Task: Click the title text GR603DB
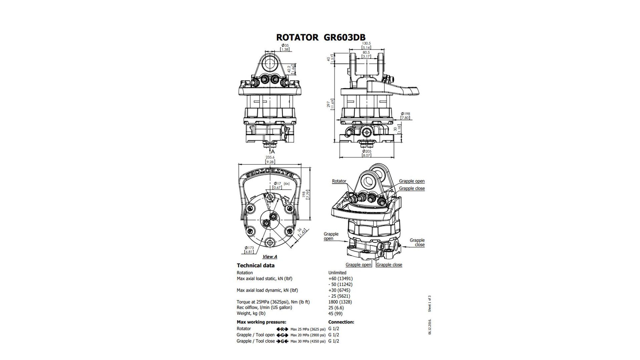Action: pos(344,37)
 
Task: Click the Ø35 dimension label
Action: pos(285,45)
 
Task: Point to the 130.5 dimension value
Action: pos(366,43)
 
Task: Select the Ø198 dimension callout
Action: pos(405,114)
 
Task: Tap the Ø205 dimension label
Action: pos(366,151)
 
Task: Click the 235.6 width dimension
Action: pos(270,157)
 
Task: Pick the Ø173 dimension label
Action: pos(249,248)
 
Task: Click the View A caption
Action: pos(270,257)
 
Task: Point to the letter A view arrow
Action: pos(272,151)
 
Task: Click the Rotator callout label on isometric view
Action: pos(339,181)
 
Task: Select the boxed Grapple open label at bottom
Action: pos(358,265)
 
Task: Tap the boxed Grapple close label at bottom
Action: pos(389,265)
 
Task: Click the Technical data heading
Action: pos(256,265)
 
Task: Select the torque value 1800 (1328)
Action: pos(340,302)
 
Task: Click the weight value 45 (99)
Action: pos(335,313)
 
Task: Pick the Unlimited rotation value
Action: pos(337,273)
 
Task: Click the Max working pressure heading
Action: pos(261,322)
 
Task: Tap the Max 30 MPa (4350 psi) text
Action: pos(308,341)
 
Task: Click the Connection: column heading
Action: pos(341,322)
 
